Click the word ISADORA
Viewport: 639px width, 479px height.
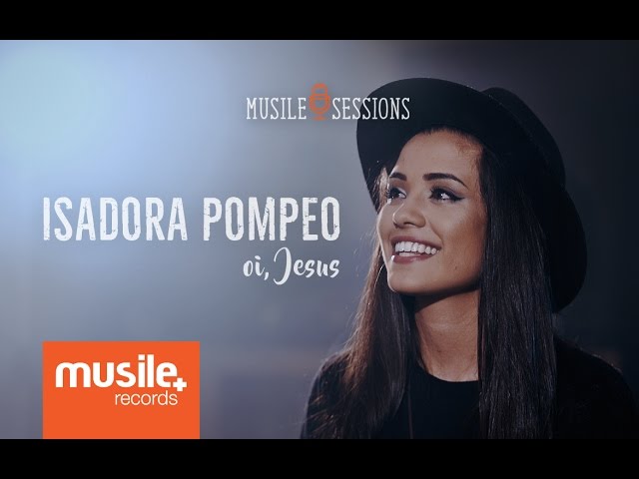tap(116, 220)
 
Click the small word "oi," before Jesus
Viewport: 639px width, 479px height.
tap(256, 268)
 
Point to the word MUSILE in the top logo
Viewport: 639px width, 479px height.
tap(276, 108)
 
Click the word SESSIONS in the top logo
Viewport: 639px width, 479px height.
tap(370, 108)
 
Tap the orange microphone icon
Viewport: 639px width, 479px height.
tap(319, 102)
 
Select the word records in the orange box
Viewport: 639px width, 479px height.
tap(146, 398)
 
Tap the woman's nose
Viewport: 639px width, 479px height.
tap(403, 214)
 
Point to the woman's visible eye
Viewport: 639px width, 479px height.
tap(440, 194)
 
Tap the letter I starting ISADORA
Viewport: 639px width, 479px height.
tap(47, 220)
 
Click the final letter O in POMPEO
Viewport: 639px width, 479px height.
tap(328, 220)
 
